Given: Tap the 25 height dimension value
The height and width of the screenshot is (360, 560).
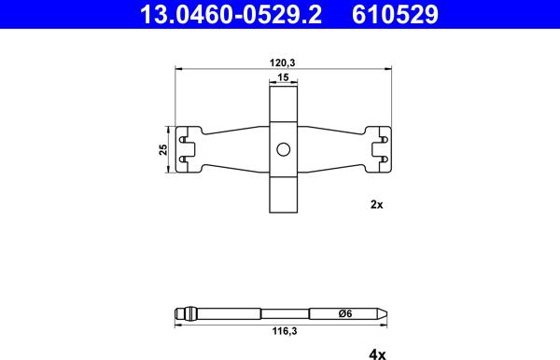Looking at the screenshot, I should [162, 149].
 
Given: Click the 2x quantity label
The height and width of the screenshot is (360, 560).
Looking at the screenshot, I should [377, 204].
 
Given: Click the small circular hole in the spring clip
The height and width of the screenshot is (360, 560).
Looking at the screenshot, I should [283, 149].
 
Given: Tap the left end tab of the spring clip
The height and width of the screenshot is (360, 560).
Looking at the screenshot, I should [189, 149].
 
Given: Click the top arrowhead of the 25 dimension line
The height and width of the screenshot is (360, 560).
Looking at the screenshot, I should [169, 129].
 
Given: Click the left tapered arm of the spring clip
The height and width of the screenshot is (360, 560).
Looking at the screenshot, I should [235, 149].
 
